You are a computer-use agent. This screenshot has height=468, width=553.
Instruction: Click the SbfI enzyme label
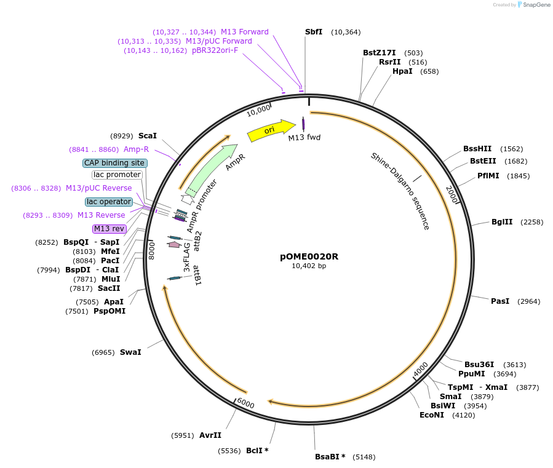pos(314,32)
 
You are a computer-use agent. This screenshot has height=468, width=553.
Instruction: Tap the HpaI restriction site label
pos(402,71)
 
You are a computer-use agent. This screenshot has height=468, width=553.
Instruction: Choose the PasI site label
pos(500,301)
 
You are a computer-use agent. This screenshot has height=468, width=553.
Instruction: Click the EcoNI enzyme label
pos(432,415)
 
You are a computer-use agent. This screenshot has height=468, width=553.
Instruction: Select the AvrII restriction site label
pos(210,435)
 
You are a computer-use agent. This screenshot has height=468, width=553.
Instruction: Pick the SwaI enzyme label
pos(130,352)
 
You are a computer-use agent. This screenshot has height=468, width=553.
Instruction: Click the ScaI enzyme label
pos(148,136)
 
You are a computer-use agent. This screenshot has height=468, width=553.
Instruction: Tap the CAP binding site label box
pos(115,163)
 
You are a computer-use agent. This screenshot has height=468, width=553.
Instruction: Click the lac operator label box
pos(109,202)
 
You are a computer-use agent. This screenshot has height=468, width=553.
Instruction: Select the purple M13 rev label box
pos(109,229)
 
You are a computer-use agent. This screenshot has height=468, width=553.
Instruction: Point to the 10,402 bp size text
pos(309,266)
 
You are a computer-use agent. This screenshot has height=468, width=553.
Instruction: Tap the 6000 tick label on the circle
pos(245,404)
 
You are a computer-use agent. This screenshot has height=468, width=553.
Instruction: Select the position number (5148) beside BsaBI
pos(363,457)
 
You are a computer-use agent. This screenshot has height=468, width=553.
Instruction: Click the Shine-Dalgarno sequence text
pos(400,191)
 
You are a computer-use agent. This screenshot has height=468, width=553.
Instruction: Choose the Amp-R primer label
pos(136,149)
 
